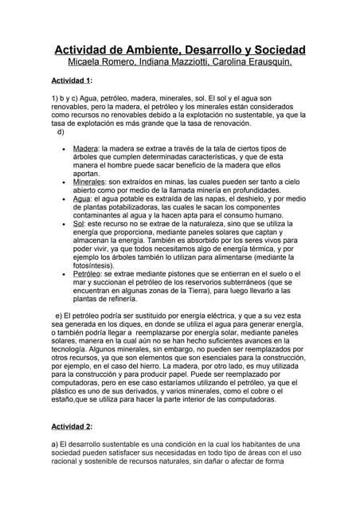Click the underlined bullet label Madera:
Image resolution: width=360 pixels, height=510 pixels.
(x=85, y=149)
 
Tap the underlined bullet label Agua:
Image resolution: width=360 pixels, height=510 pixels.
(x=81, y=198)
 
